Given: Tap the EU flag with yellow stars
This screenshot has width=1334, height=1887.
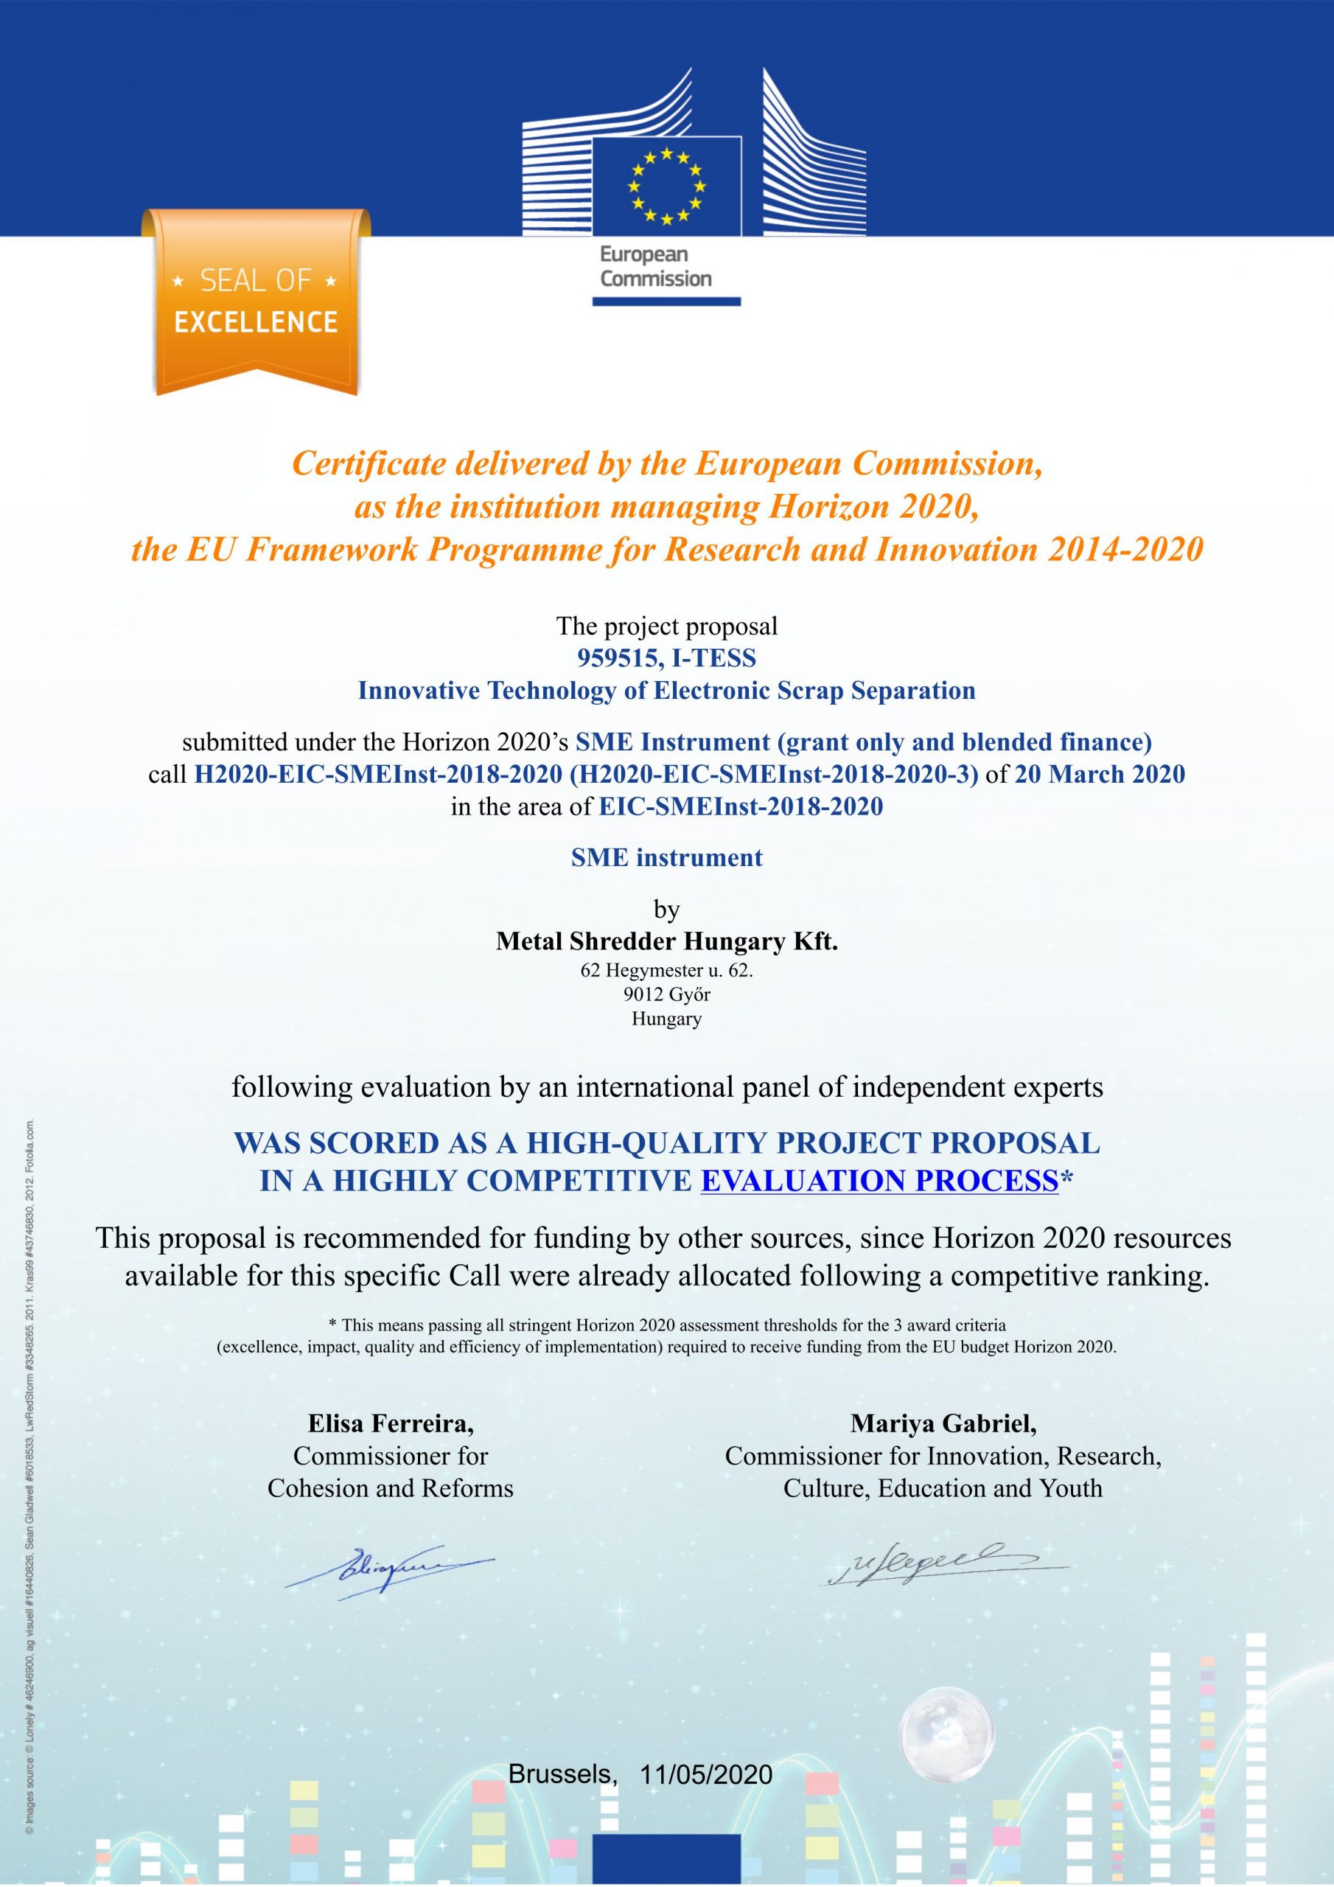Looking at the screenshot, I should (666, 186).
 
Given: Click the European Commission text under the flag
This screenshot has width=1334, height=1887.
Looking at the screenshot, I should (655, 266).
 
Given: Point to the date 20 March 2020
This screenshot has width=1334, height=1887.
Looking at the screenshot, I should (1100, 774).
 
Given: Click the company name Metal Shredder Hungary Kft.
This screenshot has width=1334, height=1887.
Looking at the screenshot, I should (666, 941).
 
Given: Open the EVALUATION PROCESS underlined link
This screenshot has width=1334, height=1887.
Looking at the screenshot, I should (879, 1181).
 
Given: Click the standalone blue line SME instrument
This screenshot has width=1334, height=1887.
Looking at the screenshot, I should (666, 858).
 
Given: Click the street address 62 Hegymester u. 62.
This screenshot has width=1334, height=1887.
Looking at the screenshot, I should (666, 970).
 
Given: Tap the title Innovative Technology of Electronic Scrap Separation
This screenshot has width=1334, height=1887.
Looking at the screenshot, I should (666, 691).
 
